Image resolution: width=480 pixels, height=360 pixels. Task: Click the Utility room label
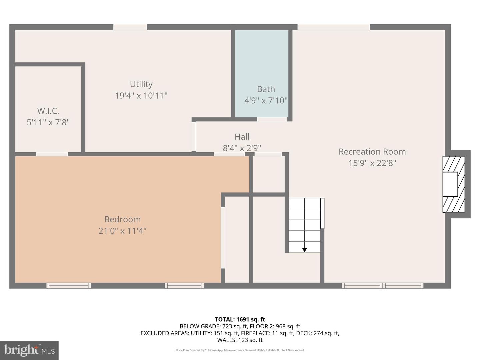pos(141,84)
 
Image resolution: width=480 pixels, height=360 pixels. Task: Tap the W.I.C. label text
pos(48,111)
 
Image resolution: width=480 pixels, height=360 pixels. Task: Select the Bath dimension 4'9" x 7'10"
pos(266,100)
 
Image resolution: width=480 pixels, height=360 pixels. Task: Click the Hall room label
pos(242,137)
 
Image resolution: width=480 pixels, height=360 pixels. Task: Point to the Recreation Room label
pos(372,152)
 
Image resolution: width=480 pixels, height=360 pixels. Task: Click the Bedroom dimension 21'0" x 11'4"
pos(122,231)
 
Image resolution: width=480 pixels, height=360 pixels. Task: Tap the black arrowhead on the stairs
pos(304,250)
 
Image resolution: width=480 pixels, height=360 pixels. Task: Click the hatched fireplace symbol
pos(453,184)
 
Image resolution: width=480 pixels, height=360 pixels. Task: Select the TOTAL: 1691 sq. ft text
pos(240,319)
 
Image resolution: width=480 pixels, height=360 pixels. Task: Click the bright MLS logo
pos(29,350)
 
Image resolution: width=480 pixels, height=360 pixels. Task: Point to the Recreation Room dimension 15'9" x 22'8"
pos(372,163)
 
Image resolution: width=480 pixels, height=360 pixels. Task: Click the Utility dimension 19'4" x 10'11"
pos(141,96)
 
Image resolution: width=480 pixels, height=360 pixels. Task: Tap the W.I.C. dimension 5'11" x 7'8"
pos(48,122)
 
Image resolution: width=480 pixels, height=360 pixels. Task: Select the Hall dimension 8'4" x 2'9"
pos(242,148)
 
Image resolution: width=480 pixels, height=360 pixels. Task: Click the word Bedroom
pos(122,219)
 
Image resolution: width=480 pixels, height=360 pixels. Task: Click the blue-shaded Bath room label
pos(266,89)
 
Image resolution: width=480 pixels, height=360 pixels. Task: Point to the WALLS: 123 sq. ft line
pos(240,340)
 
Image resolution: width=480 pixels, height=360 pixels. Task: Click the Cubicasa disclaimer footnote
pos(240,350)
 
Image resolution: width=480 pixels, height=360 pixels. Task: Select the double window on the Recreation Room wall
pos(382,285)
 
